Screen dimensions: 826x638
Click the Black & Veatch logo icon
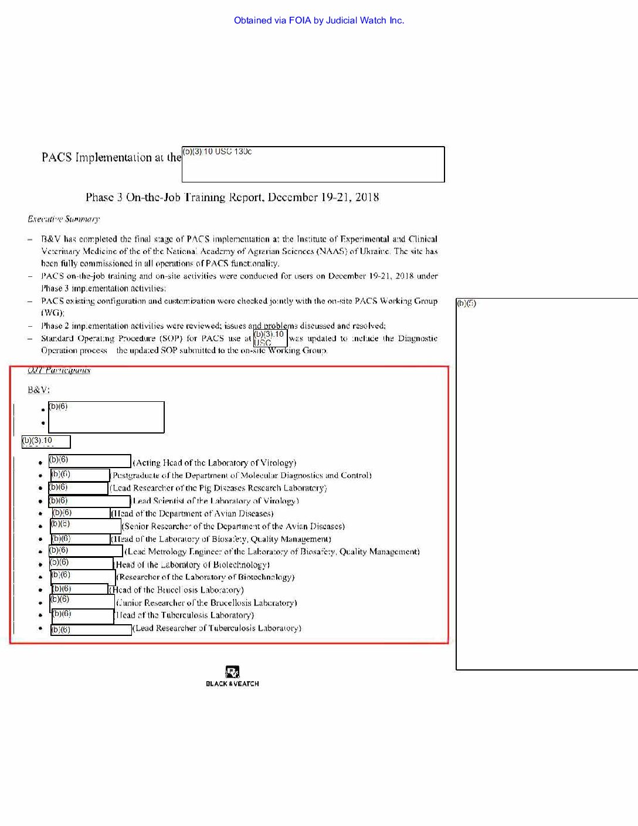pyautogui.click(x=232, y=672)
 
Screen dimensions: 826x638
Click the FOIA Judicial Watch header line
pyautogui.click(x=319, y=21)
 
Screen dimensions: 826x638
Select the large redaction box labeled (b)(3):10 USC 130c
pyautogui.click(x=313, y=164)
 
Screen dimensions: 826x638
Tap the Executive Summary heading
pyautogui.click(x=63, y=219)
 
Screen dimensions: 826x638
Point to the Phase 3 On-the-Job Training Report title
pyautogui.click(x=232, y=197)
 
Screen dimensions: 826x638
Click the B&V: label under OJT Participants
pyautogui.click(x=39, y=390)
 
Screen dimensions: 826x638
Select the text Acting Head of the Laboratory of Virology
pyautogui.click(x=215, y=463)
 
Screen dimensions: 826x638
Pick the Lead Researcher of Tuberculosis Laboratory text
pyautogui.click(x=217, y=628)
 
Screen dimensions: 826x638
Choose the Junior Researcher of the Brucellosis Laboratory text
pyautogui.click(x=206, y=603)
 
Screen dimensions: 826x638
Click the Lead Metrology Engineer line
pyautogui.click(x=272, y=551)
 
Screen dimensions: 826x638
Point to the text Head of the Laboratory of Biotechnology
pyautogui.click(x=192, y=565)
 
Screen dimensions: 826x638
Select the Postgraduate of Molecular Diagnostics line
pyautogui.click(x=241, y=476)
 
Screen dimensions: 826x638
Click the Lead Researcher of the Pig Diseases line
pyautogui.click(x=218, y=488)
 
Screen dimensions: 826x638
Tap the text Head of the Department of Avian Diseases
pyautogui.click(x=192, y=514)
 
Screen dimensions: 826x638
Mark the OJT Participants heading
pyautogui.click(x=59, y=371)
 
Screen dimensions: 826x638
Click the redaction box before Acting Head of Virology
pyautogui.click(x=89, y=461)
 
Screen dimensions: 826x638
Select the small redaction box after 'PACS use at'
pyautogui.click(x=270, y=338)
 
